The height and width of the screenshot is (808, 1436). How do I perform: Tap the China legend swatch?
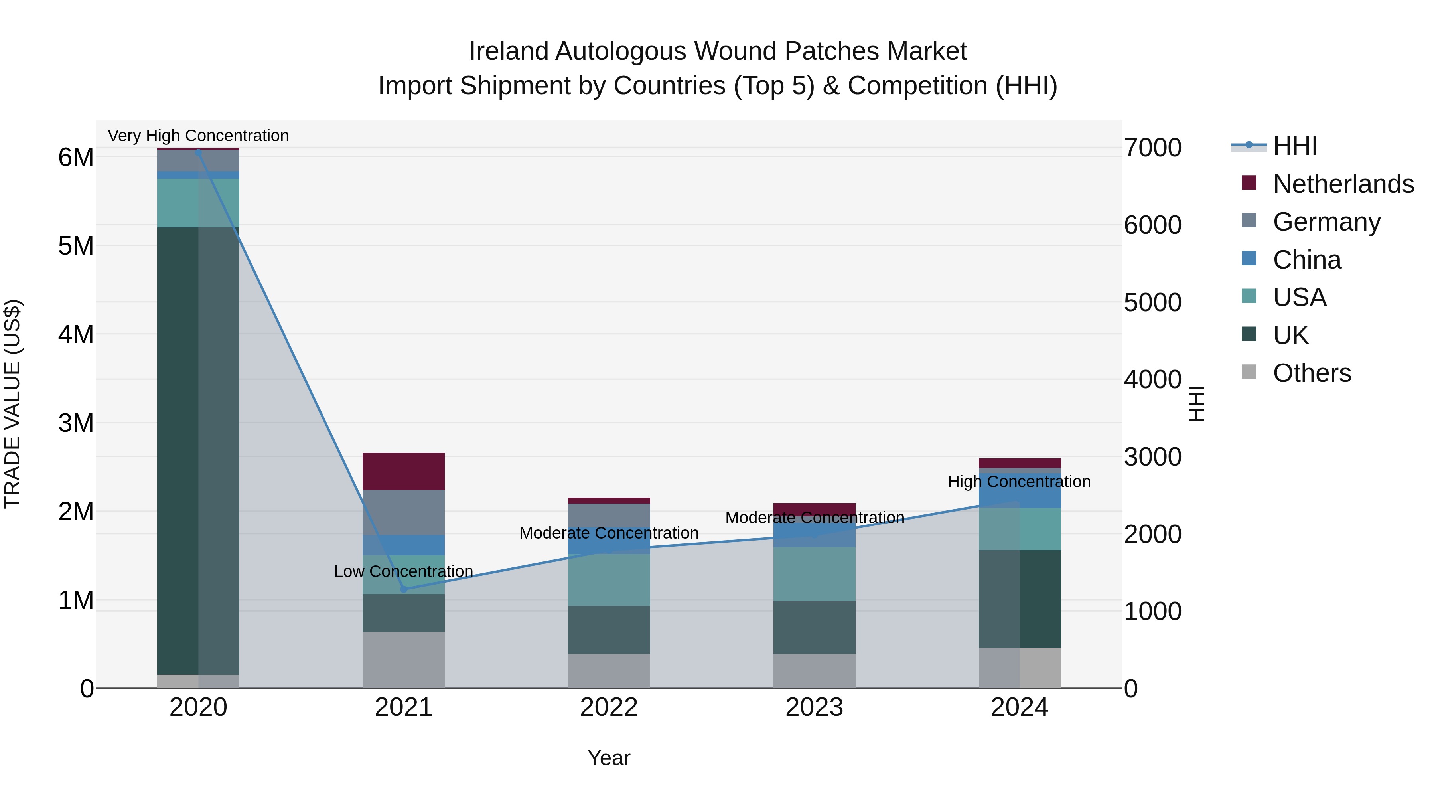point(1249,259)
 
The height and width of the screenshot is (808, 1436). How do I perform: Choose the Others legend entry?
point(1312,373)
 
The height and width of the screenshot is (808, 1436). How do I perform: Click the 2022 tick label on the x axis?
point(609,707)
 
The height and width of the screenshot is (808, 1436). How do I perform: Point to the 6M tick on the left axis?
point(76,157)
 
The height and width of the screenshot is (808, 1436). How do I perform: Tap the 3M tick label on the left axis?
point(76,423)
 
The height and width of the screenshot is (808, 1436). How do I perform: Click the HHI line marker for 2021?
point(404,589)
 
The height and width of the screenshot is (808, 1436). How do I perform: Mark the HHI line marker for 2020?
point(199,152)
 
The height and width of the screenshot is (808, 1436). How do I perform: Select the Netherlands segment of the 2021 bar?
point(404,471)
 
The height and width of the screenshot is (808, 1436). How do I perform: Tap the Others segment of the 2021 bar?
point(404,660)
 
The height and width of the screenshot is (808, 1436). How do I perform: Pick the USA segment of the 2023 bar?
point(814,574)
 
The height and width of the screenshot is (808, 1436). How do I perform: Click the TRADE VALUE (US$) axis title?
point(12,404)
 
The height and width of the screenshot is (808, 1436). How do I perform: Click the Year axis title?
point(609,758)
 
